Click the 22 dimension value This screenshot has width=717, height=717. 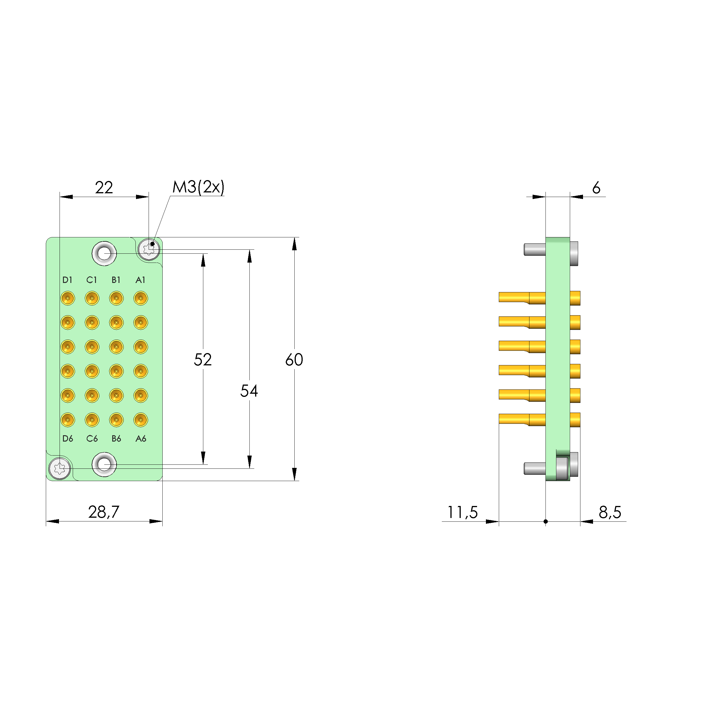[104, 188]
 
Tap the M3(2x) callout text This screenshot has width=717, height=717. [198, 188]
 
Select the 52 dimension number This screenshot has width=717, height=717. [203, 360]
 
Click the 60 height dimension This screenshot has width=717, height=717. [294, 360]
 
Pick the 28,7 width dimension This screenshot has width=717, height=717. [104, 512]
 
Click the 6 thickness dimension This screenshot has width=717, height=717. [596, 188]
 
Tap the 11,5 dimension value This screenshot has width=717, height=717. [462, 512]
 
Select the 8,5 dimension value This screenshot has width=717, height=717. [610, 512]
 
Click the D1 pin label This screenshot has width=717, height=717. [68, 280]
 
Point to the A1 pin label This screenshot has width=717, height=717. [140, 280]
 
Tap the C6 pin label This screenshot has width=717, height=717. [92, 439]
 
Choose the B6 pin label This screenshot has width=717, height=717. [116, 439]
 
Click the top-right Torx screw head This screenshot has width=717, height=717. [149, 249]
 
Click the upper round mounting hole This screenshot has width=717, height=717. [104, 253]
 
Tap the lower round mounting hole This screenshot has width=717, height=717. [104, 464]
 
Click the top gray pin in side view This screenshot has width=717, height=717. [534, 249]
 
